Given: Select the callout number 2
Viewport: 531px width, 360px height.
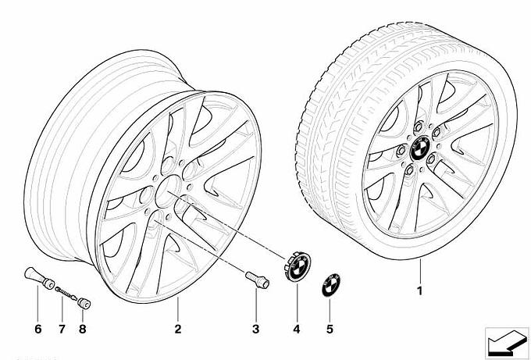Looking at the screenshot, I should pos(178,329).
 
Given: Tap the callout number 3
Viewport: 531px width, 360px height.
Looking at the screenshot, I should pos(255,329).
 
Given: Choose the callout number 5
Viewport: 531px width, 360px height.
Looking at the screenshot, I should pos(330,329).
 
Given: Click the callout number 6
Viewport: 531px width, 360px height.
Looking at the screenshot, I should pos(37,329).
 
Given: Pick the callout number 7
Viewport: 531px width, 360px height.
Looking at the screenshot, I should pos(60,329).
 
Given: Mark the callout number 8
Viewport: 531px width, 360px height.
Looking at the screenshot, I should pos(82,329).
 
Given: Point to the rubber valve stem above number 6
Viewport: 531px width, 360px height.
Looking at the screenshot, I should pos(35,278).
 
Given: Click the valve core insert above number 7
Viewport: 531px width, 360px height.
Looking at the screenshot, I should pos(64,291).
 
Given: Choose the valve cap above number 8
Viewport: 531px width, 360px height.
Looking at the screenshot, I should pos(85,301).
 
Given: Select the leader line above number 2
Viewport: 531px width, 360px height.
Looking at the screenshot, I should pos(178,308).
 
